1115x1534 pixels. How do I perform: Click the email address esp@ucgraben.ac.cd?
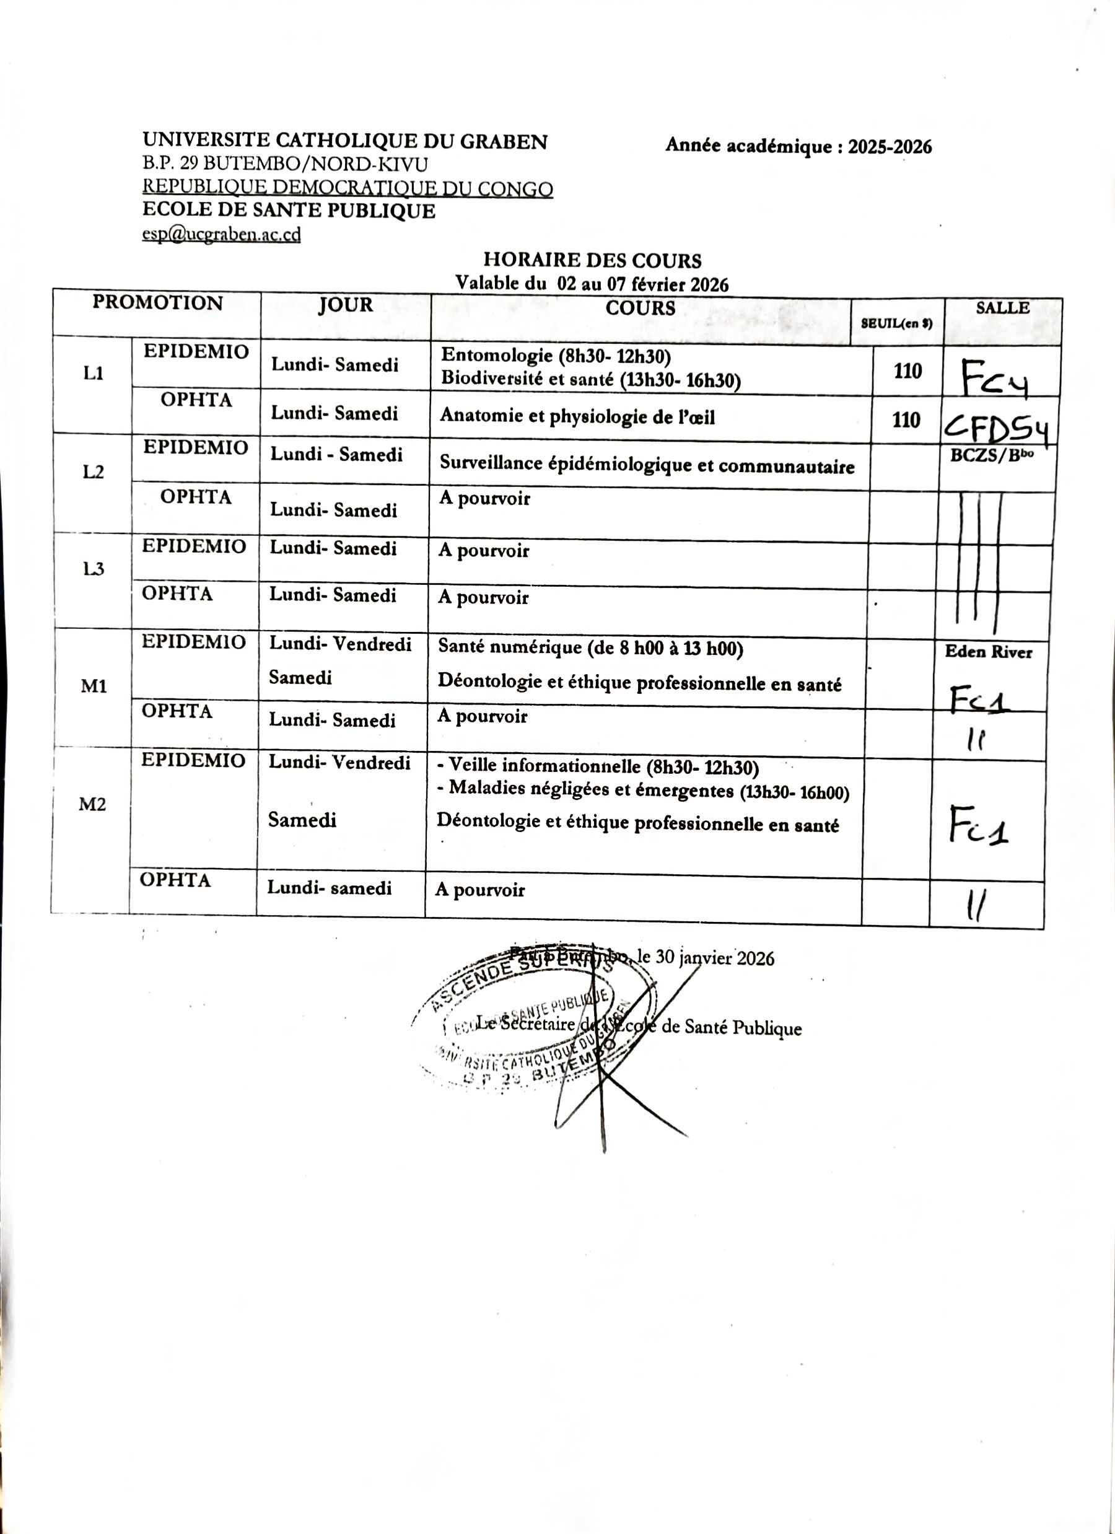(x=221, y=234)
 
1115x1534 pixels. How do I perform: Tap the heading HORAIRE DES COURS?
(x=592, y=260)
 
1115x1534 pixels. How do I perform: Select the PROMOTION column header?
(x=157, y=302)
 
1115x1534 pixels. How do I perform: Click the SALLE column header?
(x=1002, y=308)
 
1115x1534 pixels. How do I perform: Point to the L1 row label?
(x=94, y=374)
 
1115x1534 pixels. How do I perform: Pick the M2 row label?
(x=93, y=804)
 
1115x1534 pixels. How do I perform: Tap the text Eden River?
(x=988, y=652)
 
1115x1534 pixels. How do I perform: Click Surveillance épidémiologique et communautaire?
(x=647, y=465)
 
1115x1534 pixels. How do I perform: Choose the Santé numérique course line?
(x=590, y=648)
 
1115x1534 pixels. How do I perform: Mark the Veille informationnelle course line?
(x=598, y=766)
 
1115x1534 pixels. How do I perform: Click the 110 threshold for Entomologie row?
(x=907, y=371)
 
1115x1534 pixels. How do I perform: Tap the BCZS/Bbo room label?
(x=991, y=455)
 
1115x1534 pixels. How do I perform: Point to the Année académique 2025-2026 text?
(x=798, y=146)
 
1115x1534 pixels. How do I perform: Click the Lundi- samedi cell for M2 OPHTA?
(x=330, y=888)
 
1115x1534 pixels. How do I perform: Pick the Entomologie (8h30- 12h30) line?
(x=555, y=356)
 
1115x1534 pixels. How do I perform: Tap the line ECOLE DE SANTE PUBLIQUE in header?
(x=289, y=211)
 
